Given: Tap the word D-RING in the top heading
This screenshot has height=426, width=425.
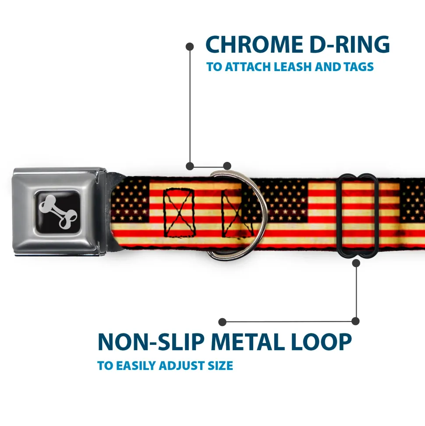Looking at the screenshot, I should tap(347, 45).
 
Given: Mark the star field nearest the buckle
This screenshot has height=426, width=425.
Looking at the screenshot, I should tap(131, 200).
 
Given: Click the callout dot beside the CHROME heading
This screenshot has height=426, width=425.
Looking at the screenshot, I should tap(190, 46).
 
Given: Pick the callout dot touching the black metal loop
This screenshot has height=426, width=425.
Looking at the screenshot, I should tap(356, 263).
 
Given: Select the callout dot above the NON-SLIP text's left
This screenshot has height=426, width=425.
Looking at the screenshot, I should tap(223, 322).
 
